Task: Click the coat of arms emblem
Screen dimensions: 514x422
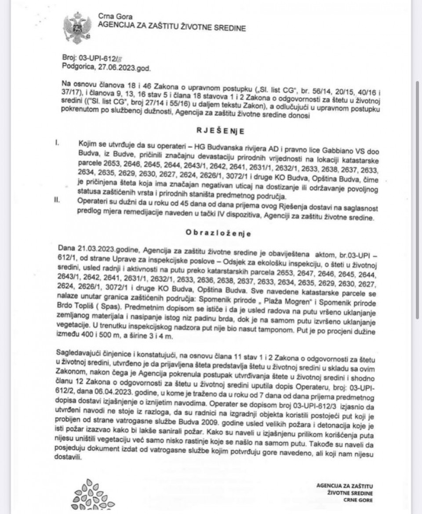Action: tap(77, 27)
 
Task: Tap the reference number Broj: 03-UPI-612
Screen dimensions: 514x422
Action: tap(86, 58)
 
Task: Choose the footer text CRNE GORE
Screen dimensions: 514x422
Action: tap(358, 500)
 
